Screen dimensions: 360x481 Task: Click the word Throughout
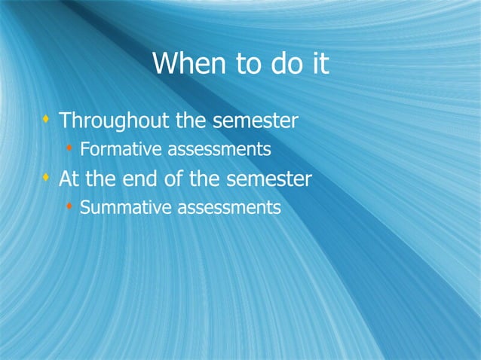115,121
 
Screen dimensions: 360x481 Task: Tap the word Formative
121,150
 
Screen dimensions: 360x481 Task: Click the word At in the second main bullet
69,180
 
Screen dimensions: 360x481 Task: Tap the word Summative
125,207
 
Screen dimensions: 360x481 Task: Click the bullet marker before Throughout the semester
47,118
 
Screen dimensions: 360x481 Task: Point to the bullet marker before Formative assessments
69,148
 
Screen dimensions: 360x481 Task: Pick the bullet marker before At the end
47,178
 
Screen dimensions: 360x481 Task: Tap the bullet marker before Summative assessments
69,206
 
